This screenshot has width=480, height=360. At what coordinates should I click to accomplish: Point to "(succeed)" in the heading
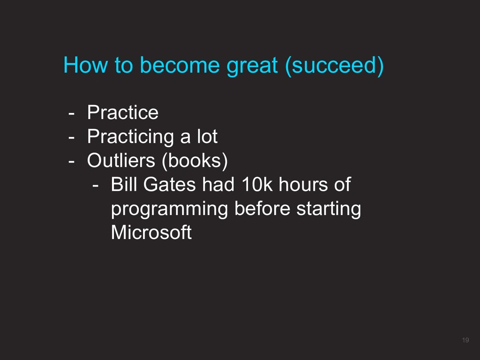tap(334, 66)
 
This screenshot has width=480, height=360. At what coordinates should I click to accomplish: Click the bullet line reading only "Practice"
tap(123, 112)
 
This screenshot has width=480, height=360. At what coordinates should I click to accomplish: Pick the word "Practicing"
tap(131, 137)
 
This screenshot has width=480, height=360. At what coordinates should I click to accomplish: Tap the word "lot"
tap(207, 136)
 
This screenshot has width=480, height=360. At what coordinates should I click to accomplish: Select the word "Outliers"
tap(121, 160)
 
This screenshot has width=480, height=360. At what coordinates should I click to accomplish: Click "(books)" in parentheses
tap(195, 161)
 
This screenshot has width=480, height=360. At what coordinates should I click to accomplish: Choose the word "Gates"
tap(169, 184)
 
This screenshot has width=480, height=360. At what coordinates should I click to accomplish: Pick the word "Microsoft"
tap(151, 232)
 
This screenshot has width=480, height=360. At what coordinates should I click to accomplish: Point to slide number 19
tap(465, 340)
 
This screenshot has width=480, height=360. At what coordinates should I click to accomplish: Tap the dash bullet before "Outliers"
tap(71, 162)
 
